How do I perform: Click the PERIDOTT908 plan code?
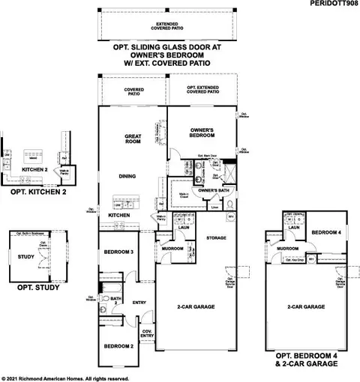330,4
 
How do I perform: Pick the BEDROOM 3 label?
118,252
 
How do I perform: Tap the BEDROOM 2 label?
118,345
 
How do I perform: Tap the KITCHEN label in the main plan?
118,216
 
